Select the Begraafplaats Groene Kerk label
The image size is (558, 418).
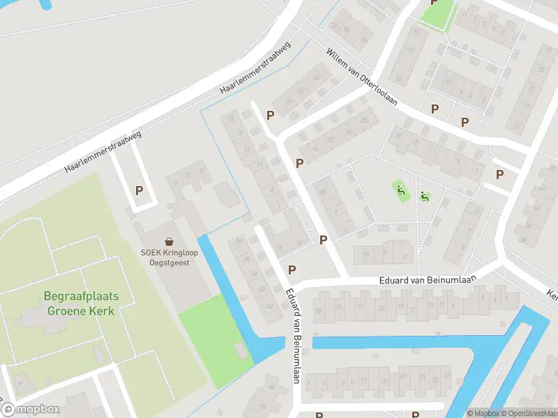[81, 303]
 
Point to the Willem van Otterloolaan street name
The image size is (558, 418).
[361, 76]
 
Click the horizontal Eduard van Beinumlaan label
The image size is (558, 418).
[427, 280]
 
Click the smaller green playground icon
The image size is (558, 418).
[425, 197]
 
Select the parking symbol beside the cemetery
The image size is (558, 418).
[139, 190]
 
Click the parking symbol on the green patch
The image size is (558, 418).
[433, 3]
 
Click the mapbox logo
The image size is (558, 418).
[30, 410]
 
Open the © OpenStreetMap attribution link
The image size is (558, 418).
[529, 413]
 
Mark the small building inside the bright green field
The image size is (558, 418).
[241, 350]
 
